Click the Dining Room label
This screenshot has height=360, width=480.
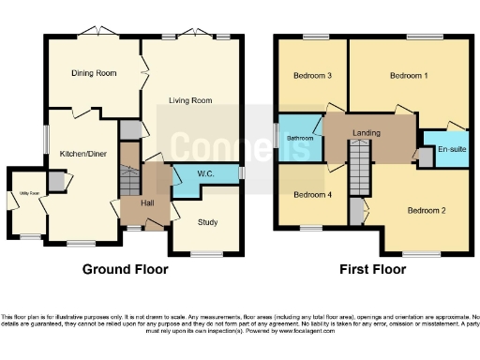point(94,73)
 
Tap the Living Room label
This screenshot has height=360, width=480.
point(190,100)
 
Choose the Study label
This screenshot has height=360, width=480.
point(207,222)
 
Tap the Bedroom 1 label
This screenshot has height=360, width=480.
point(409,75)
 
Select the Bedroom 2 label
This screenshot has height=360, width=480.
point(426,210)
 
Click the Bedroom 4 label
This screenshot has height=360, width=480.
point(312,195)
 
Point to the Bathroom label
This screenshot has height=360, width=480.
point(299,139)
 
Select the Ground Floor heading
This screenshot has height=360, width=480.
point(126,269)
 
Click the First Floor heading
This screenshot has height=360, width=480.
point(373,269)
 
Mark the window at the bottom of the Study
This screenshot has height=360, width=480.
point(206,254)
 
